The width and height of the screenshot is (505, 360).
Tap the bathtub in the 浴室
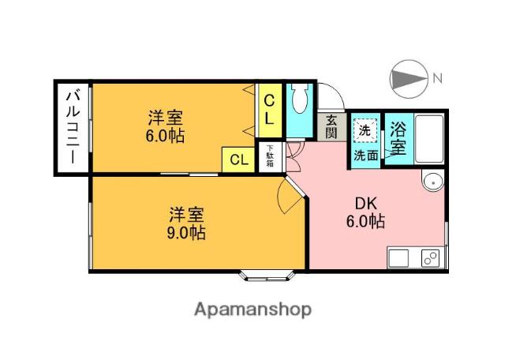pos(429,139)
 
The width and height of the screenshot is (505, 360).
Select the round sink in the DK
pos(433,182)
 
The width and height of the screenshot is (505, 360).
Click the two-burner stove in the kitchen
pos(430,258)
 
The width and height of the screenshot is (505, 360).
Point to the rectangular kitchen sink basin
pos(398,258)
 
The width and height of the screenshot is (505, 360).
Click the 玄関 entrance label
pos(331,126)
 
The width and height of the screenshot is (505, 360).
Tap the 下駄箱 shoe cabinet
pos(270,156)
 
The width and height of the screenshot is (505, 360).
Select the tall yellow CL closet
pos(268,111)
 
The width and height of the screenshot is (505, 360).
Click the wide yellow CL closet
pos(238,159)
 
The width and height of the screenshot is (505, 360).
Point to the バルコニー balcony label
pos(73,127)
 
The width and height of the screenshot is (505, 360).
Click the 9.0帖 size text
pos(186,233)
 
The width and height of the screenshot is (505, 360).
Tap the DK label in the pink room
pos(365,204)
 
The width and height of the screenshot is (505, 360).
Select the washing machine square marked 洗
pos(365,130)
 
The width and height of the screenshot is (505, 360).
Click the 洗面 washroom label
pos(366,156)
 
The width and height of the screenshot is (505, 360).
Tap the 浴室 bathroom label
pos(398,139)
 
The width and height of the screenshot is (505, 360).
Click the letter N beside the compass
pos(437,78)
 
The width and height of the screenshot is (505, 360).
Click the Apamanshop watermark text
pos(252,310)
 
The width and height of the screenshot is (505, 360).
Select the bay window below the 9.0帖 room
pos(267,276)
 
